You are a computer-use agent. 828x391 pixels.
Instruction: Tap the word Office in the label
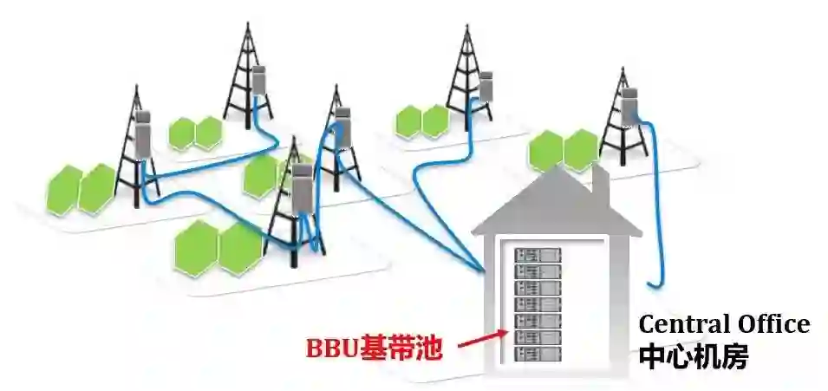(770, 325)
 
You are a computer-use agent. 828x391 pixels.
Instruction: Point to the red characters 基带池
(407, 349)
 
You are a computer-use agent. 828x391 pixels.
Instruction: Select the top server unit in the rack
(537, 255)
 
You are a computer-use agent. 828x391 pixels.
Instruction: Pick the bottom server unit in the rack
(537, 355)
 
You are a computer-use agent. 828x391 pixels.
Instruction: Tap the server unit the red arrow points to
(537, 338)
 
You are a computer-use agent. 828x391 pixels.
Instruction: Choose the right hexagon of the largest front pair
(238, 247)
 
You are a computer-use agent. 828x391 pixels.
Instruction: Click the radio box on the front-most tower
(301, 189)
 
